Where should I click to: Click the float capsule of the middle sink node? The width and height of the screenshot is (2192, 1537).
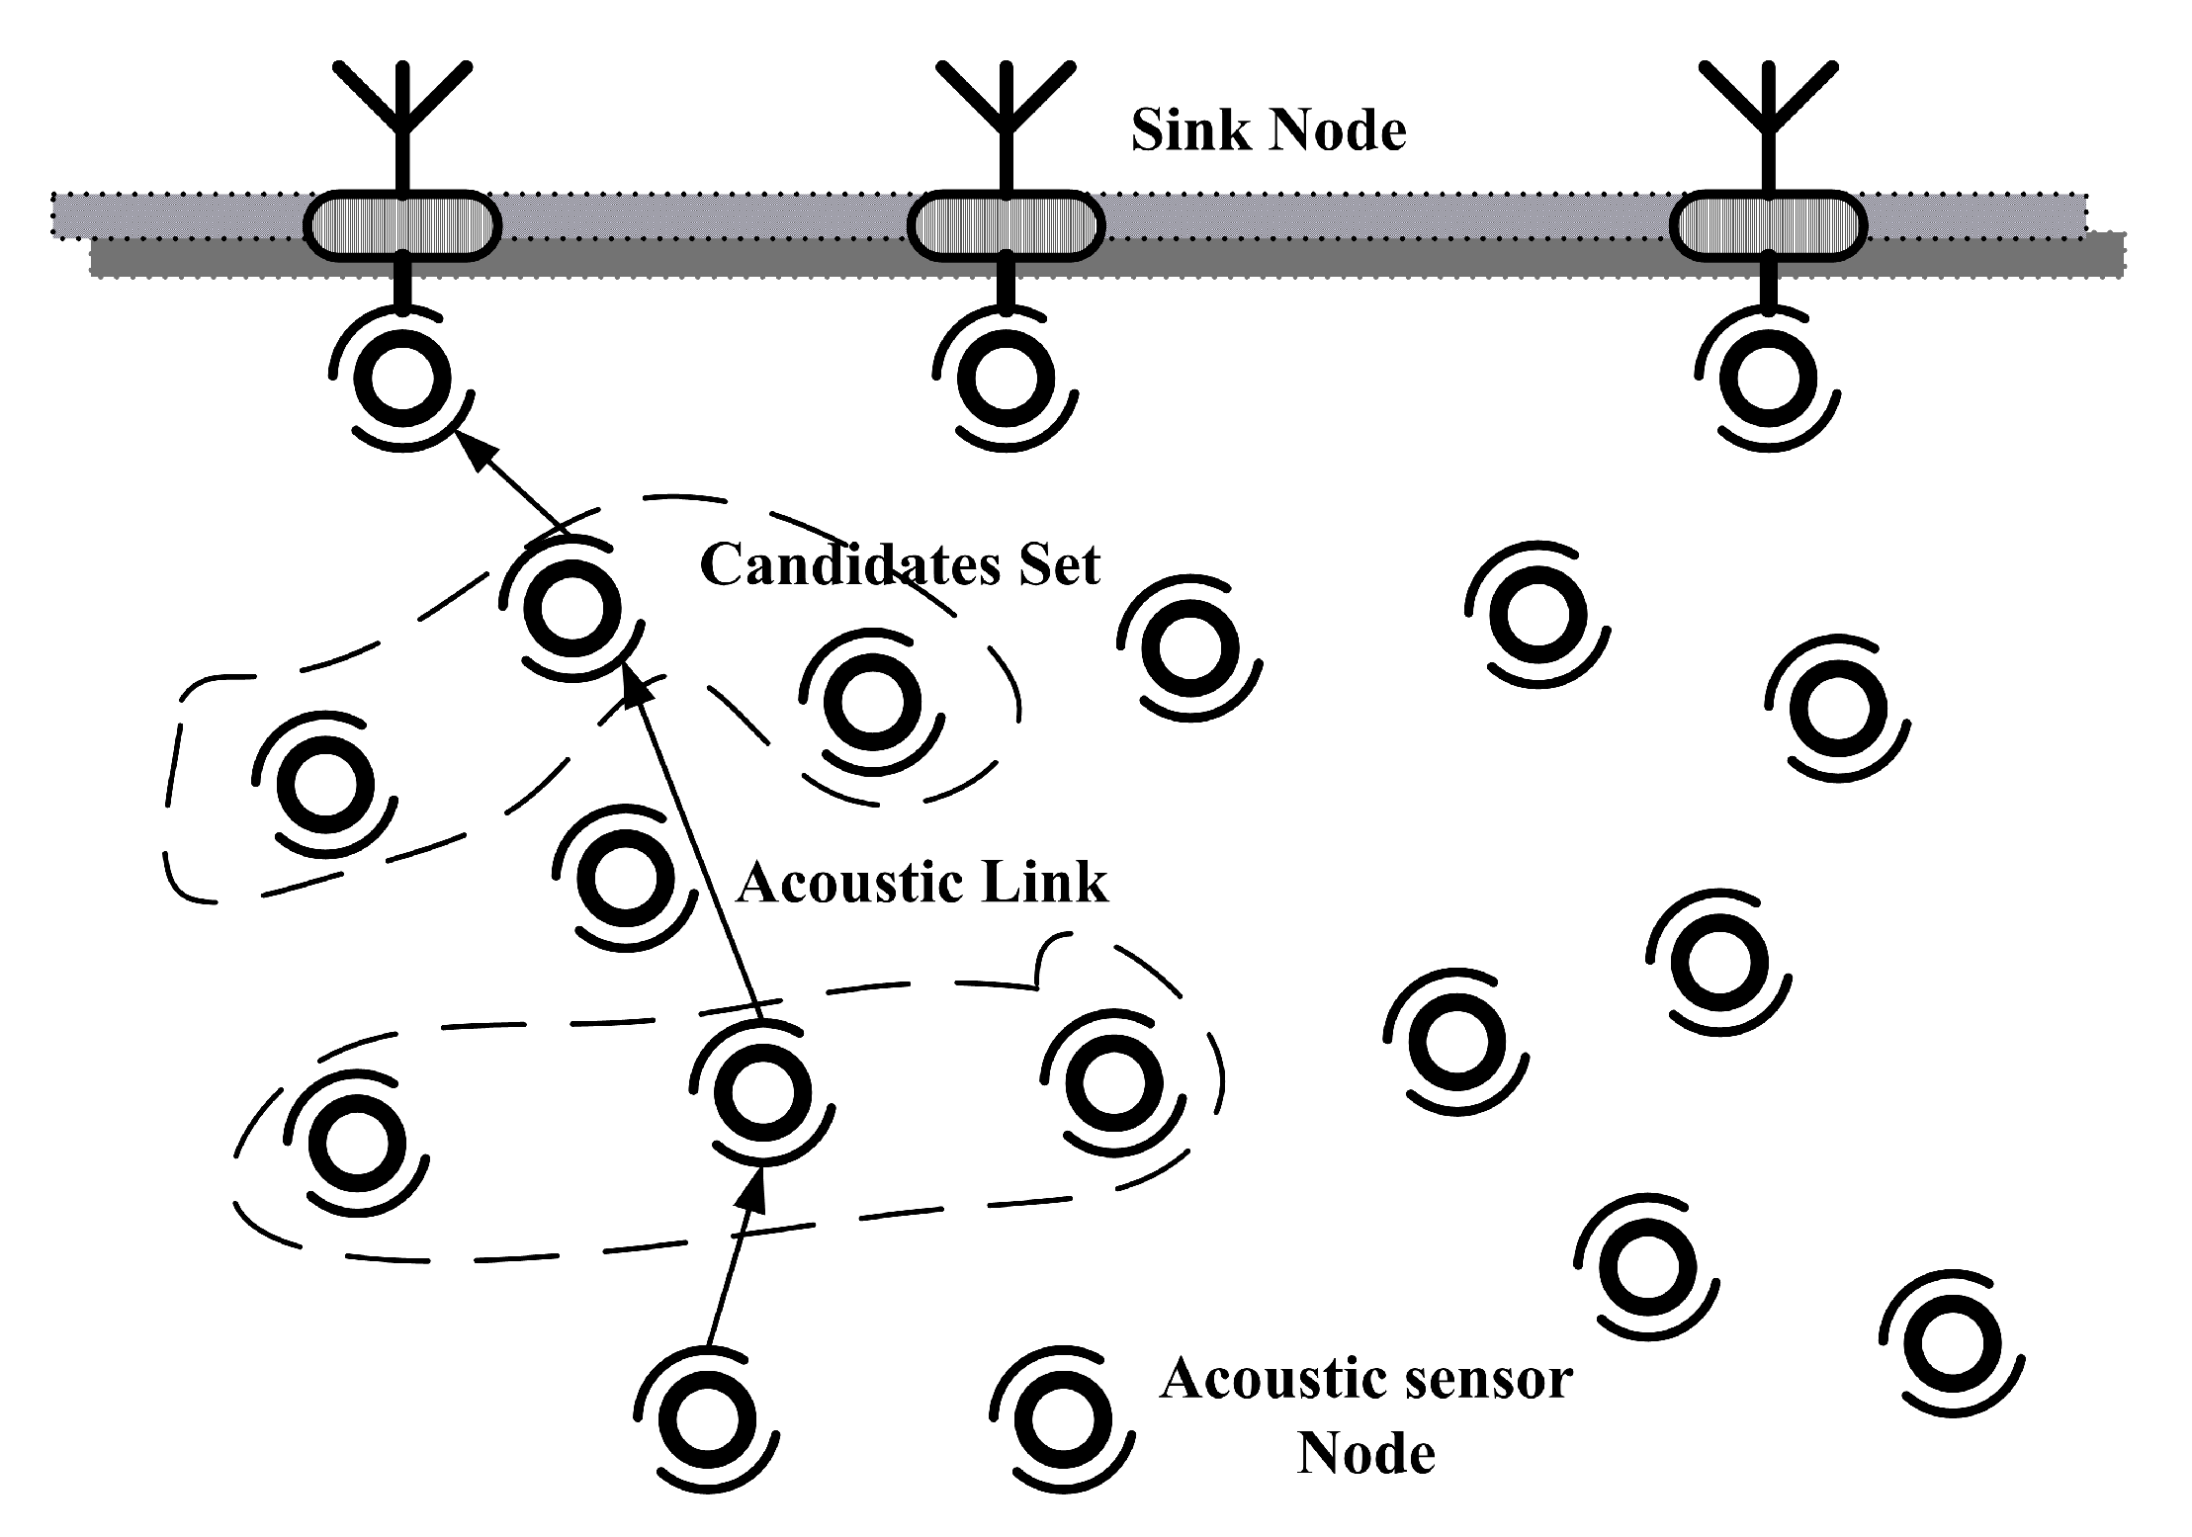click(x=1006, y=226)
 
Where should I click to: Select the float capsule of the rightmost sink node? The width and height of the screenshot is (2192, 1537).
click(x=1768, y=226)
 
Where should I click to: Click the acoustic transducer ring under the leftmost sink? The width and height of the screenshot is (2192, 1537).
click(x=402, y=379)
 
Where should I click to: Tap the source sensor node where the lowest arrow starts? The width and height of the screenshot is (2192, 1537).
click(x=707, y=1419)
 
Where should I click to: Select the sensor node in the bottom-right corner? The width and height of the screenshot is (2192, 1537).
click(x=1952, y=1344)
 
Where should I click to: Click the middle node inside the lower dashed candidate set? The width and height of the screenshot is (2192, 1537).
click(x=762, y=1093)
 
